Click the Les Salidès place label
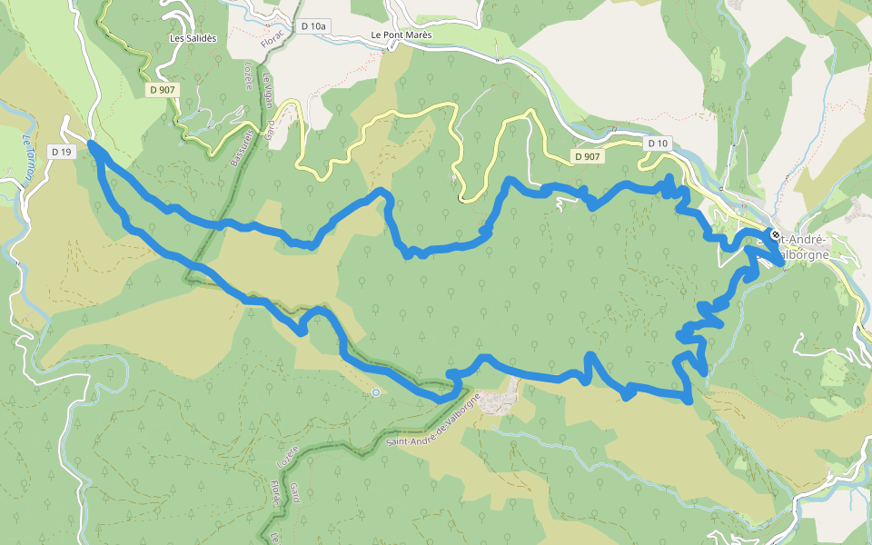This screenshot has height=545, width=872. [193, 39]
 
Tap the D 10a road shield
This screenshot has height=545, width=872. [312, 26]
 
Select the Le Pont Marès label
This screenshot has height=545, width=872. [401, 35]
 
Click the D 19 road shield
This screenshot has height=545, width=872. [61, 152]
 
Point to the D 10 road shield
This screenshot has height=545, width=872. [659, 144]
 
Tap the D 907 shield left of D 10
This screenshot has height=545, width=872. [588, 156]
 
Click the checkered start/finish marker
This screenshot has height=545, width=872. [775, 234]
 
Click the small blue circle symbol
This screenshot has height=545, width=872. [376, 392]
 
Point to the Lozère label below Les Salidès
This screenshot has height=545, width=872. [247, 75]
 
